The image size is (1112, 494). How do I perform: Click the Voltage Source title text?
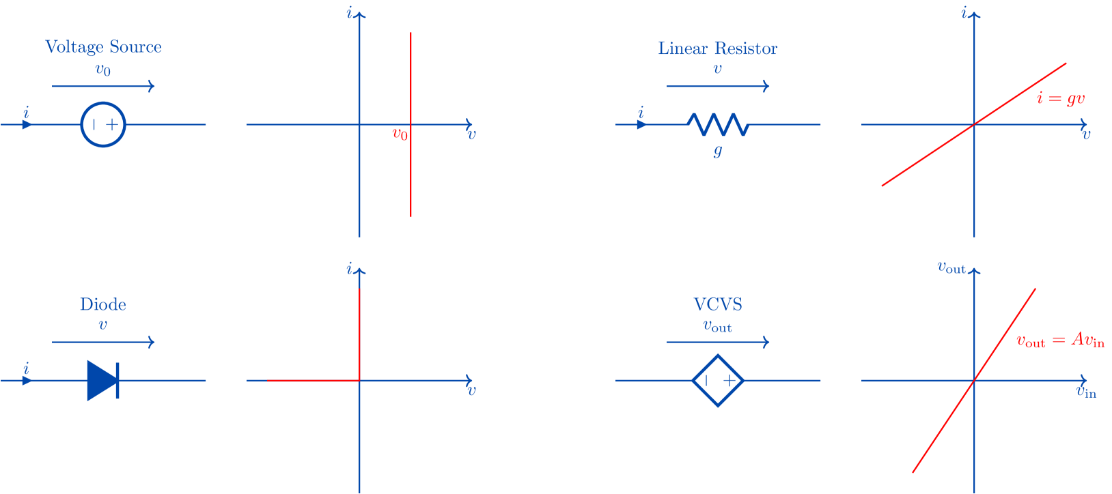pyautogui.click(x=103, y=47)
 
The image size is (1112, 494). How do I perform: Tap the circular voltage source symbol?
pyautogui.click(x=103, y=124)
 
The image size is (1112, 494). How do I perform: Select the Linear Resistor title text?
pyautogui.click(x=717, y=48)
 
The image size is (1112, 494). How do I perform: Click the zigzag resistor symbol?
pyautogui.click(x=718, y=124)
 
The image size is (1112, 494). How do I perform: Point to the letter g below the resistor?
pyautogui.click(x=717, y=150)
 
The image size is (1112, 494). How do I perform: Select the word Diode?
pyautogui.click(x=102, y=304)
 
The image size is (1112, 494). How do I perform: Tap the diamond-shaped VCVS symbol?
pyautogui.click(x=718, y=380)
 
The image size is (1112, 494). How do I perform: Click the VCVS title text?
pyautogui.click(x=717, y=304)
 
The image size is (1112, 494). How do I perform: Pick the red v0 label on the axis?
pyautogui.click(x=400, y=134)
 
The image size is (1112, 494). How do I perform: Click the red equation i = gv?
pyautogui.click(x=1060, y=99)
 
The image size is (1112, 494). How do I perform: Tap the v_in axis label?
pyautogui.click(x=1086, y=392)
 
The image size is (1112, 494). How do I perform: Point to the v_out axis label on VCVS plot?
pyautogui.click(x=951, y=267)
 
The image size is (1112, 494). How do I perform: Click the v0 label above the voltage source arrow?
pyautogui.click(x=102, y=70)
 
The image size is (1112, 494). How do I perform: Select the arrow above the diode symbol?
pyautogui.click(x=103, y=342)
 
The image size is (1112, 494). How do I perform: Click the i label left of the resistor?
pyautogui.click(x=641, y=113)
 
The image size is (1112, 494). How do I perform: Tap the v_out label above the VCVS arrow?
pyautogui.click(x=717, y=326)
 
